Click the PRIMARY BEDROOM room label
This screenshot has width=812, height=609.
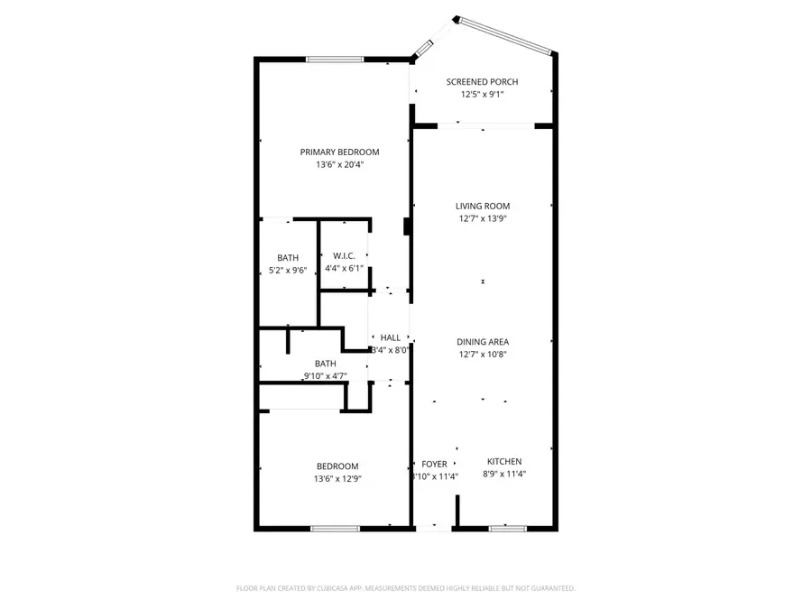(339, 152)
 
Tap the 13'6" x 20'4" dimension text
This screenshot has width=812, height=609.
(339, 165)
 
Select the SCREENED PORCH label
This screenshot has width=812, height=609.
(482, 82)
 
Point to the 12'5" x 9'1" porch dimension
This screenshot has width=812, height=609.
(482, 95)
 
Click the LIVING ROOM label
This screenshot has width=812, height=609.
(482, 207)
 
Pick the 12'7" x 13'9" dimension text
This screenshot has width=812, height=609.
(482, 218)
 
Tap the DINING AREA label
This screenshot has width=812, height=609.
(482, 342)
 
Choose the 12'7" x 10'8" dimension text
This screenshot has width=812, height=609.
(482, 355)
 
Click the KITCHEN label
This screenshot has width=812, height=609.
(503, 462)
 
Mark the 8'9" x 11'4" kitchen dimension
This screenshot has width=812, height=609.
(503, 475)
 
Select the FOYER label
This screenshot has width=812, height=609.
(434, 464)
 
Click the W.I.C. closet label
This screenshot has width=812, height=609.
(344, 255)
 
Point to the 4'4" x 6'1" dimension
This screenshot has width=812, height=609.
(344, 268)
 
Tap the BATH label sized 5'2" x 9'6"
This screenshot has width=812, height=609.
(288, 258)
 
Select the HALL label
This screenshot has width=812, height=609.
(390, 337)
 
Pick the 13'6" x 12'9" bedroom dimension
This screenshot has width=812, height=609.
(337, 479)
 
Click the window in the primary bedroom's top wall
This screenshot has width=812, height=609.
(335, 60)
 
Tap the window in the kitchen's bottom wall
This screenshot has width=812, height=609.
(507, 528)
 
